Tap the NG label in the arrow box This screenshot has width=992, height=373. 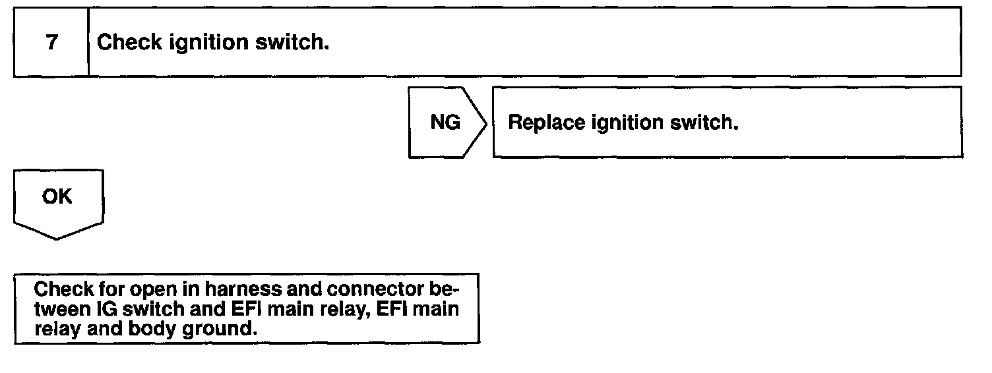(445, 123)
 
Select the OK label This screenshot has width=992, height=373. (57, 196)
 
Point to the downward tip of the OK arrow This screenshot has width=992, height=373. (57, 239)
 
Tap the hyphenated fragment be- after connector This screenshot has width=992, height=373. (443, 289)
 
